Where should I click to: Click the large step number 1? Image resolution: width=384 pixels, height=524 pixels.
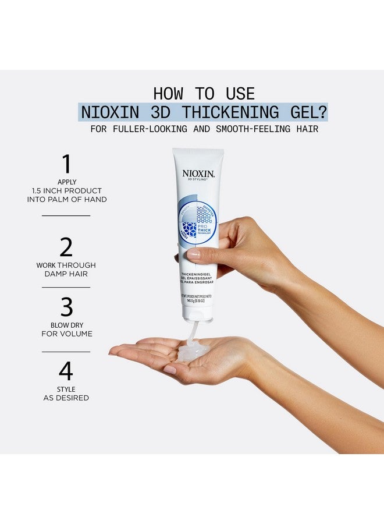(x=66, y=164)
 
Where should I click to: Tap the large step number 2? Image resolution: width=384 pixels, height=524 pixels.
(x=66, y=247)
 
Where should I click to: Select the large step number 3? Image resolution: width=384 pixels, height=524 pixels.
(x=66, y=307)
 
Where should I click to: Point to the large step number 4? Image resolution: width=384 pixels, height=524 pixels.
(x=66, y=371)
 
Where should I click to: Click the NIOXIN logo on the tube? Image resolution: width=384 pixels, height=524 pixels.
(x=198, y=173)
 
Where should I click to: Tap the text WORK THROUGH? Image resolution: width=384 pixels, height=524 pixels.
(x=66, y=265)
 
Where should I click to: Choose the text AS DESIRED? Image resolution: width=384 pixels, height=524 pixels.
(x=66, y=398)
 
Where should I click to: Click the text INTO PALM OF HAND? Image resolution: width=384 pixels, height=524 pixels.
(x=66, y=199)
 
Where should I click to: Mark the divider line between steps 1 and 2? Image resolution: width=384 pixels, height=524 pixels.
(x=66, y=215)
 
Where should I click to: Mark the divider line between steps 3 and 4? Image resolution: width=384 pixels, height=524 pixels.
(x=66, y=352)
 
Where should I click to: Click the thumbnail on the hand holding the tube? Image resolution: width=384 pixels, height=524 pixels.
(x=194, y=254)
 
